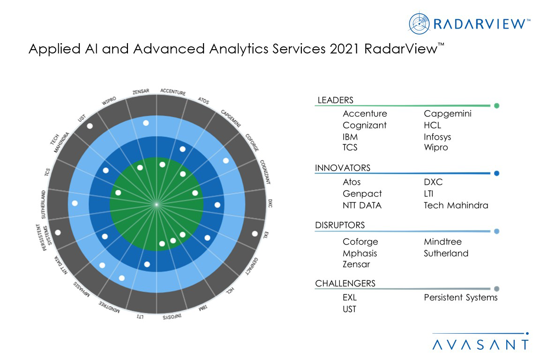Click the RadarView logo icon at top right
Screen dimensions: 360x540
pos(419,23)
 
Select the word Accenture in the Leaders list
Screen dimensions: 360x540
pos(365,114)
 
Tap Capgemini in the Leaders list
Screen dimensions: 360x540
pos(448,114)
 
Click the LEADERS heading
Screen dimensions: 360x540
pos(335,100)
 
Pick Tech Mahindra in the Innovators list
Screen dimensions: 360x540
pos(456,205)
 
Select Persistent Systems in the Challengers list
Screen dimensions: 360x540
pos(461,298)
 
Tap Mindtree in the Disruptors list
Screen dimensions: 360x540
pos(442,242)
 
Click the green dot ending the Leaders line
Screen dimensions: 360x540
pos(496,106)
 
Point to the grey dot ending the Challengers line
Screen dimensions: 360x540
pos(496,289)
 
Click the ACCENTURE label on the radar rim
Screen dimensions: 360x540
pos(173,92)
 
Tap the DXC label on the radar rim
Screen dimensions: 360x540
pos(270,203)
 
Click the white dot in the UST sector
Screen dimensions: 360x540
pos(90,126)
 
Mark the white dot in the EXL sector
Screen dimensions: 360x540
pos(255,233)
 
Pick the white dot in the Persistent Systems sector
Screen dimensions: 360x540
pos(58,232)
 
